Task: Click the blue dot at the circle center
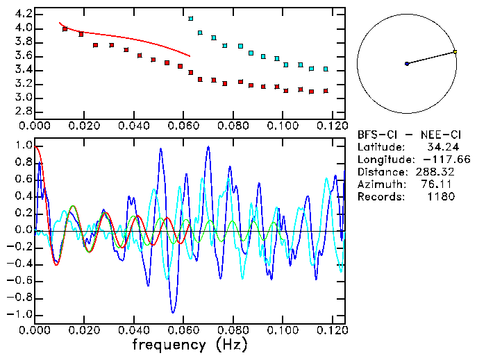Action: [x=407, y=64]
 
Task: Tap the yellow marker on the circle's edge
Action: [x=455, y=51]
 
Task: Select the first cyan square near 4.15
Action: [x=191, y=19]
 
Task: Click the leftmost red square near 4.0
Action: [x=65, y=29]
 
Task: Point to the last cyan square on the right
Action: [x=326, y=69]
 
